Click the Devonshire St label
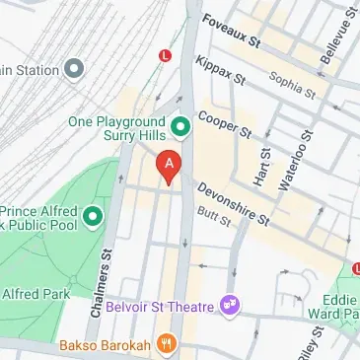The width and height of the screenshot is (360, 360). [232, 202]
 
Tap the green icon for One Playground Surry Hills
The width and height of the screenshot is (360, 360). [180, 125]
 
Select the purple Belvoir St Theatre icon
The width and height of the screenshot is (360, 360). [231, 306]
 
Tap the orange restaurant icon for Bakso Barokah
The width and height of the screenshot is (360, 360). [169, 345]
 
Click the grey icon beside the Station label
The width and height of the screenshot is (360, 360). [74, 69]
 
